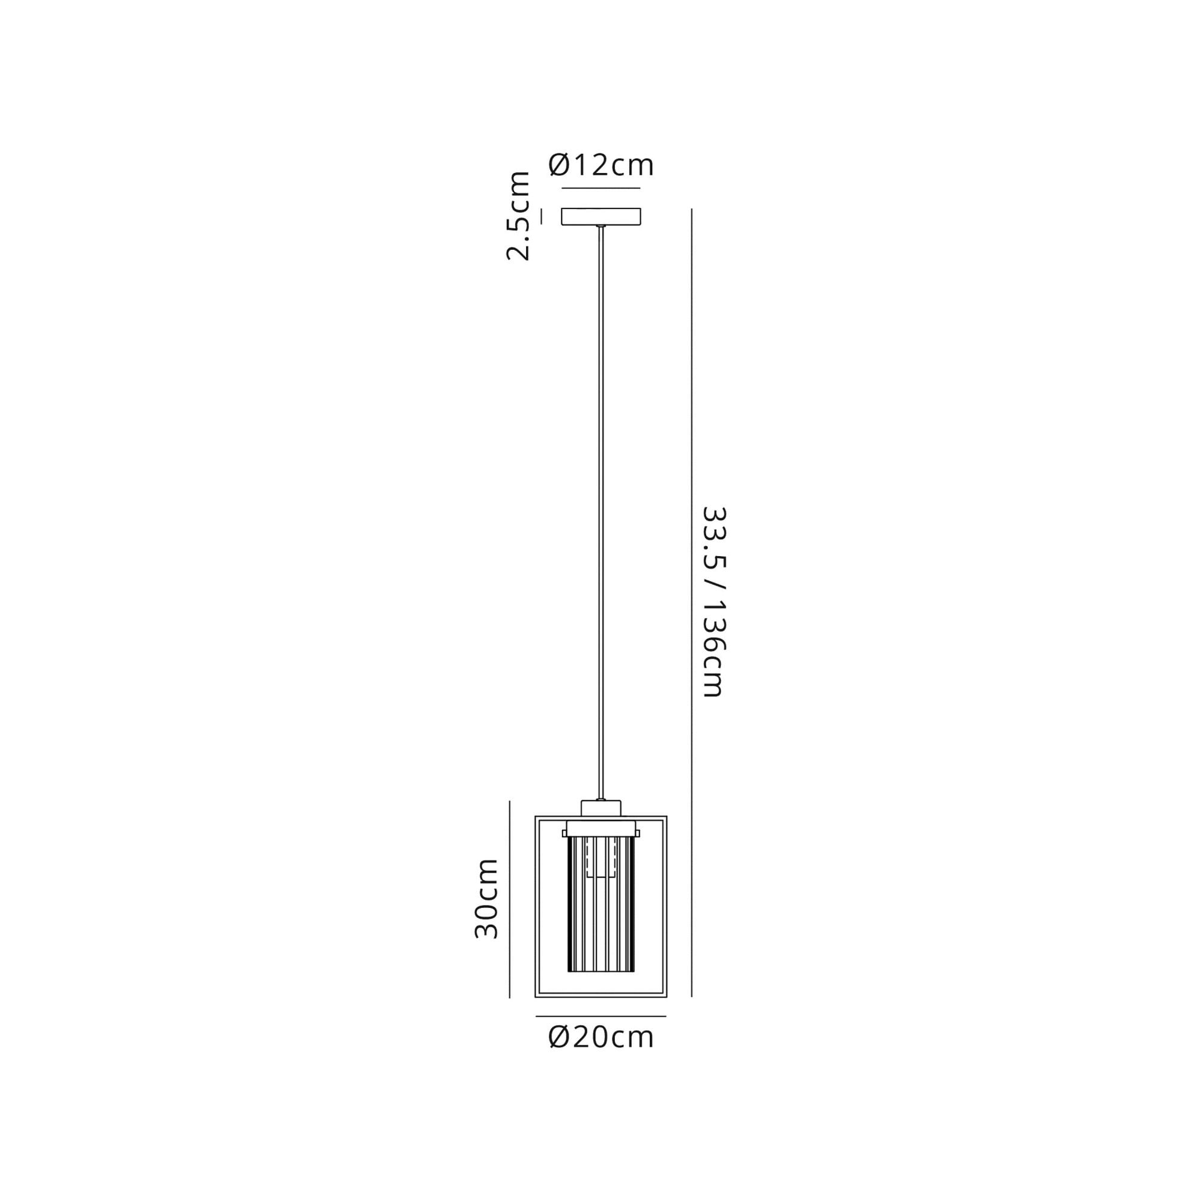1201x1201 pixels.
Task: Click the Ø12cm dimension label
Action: tap(601, 165)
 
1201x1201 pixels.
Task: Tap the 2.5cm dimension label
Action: tap(518, 216)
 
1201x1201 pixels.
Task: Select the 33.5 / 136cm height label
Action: tap(713, 602)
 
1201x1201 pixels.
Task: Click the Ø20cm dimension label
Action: tap(601, 1038)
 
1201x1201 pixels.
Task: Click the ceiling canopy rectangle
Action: tap(601, 216)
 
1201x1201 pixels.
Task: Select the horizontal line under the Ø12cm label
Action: tap(601, 188)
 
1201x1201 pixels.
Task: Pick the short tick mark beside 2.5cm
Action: tap(542, 216)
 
